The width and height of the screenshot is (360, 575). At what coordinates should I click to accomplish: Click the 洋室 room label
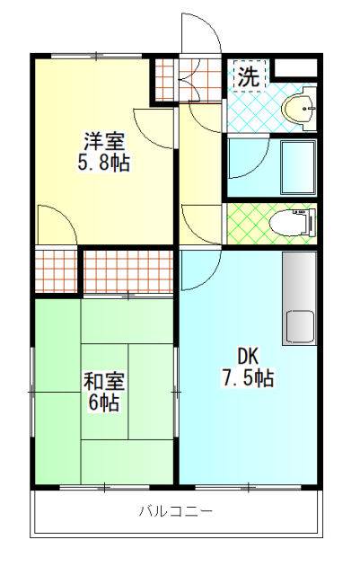tap(104, 141)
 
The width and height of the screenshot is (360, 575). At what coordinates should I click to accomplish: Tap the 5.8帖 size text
tap(104, 163)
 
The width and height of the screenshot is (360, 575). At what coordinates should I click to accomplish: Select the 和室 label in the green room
tap(104, 382)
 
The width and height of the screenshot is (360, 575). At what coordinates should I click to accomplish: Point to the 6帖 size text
tap(104, 403)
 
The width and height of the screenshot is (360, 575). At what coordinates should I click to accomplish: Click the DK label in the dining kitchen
tap(248, 356)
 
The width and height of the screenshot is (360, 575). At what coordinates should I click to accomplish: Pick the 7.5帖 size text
tap(248, 378)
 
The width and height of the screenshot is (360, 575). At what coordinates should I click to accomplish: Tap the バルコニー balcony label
tap(176, 511)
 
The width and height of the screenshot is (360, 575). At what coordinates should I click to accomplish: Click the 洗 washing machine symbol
tap(249, 75)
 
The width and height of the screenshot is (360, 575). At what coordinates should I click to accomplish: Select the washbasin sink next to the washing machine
tap(299, 109)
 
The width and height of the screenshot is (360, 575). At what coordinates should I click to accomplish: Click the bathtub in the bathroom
tap(298, 167)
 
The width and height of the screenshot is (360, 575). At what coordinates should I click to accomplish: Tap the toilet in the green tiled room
tap(293, 223)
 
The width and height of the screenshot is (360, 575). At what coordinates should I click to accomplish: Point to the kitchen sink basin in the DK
tap(300, 327)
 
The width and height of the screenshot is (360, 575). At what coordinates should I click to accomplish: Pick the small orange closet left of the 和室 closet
tap(56, 270)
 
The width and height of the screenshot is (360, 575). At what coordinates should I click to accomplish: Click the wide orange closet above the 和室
tap(128, 271)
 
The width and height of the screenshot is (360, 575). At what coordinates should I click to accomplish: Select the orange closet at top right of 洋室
tap(164, 79)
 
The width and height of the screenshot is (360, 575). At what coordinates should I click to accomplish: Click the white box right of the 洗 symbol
tap(295, 67)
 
